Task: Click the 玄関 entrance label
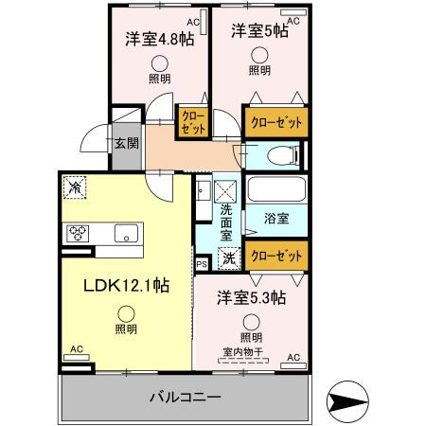pyautogui.click(x=127, y=143)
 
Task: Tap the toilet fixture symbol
pyautogui.click(x=283, y=155)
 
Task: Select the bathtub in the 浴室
pyautogui.click(x=276, y=189)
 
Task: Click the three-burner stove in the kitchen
pyautogui.click(x=78, y=234)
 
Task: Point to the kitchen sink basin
pyautogui.click(x=126, y=234)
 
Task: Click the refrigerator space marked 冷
pyautogui.click(x=75, y=187)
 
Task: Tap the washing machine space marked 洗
pyautogui.click(x=229, y=258)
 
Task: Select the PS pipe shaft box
pyautogui.click(x=202, y=264)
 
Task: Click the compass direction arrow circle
pyautogui.click(x=347, y=402)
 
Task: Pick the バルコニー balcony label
pyautogui.click(x=186, y=397)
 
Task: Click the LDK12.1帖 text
pyautogui.click(x=126, y=286)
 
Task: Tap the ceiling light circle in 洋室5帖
pyautogui.click(x=259, y=55)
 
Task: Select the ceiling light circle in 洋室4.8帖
pyautogui.click(x=160, y=63)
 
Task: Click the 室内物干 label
pyautogui.click(x=242, y=351)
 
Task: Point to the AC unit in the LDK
pyautogui.click(x=77, y=357)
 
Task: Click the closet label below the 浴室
pyautogui.click(x=276, y=256)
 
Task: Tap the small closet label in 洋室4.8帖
pyautogui.click(x=194, y=122)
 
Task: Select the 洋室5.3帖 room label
pyautogui.click(x=252, y=297)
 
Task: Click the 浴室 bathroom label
pyautogui.click(x=276, y=219)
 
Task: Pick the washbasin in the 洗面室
pyautogui.click(x=204, y=191)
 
